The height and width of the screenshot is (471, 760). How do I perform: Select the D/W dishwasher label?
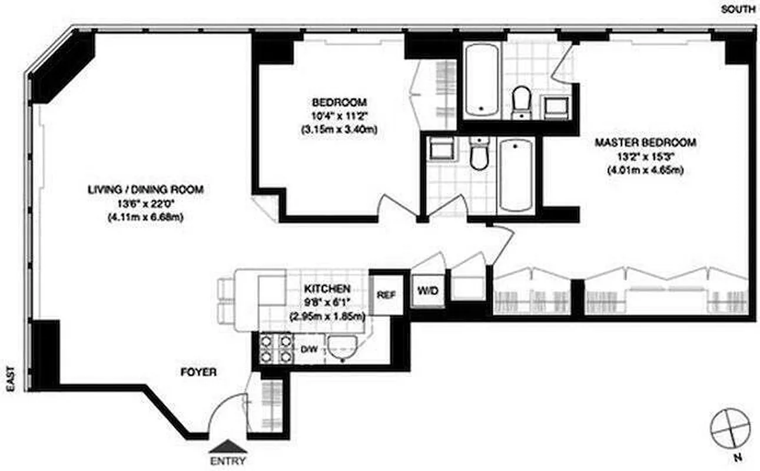pyautogui.click(x=310, y=349)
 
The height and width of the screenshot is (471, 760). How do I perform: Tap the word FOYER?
pyautogui.click(x=198, y=372)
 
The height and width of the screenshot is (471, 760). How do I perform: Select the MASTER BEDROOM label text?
pyautogui.click(x=645, y=142)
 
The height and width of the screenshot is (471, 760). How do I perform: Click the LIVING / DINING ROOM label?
pyautogui.click(x=145, y=190)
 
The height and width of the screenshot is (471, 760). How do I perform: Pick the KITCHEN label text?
pyautogui.click(x=327, y=288)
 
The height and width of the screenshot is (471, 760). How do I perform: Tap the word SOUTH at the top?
pyautogui.click(x=738, y=9)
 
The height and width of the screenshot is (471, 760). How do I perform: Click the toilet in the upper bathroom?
pyautogui.click(x=521, y=101)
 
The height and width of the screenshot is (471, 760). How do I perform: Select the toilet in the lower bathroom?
pyautogui.click(x=480, y=154)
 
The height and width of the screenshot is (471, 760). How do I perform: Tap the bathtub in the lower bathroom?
pyautogui.click(x=516, y=175)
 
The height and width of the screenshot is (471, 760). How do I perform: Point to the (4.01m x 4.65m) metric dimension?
pyautogui.click(x=645, y=171)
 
